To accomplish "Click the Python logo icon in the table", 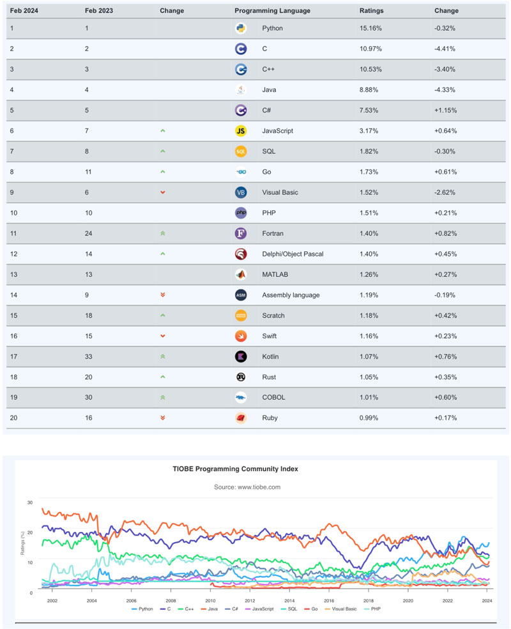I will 241,28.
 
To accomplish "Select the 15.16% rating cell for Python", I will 371,28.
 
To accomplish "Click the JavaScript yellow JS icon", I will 241,131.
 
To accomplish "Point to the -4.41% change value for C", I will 445,49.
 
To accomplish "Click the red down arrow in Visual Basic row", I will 163,192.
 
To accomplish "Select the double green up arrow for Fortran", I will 163,233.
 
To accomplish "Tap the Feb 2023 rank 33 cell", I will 89,356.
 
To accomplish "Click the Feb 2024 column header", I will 24,11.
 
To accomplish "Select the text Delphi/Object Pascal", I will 293,254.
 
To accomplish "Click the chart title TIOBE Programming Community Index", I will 235,469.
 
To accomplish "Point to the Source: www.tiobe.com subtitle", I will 247,486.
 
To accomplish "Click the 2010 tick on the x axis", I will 210,601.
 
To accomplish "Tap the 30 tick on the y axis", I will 29,502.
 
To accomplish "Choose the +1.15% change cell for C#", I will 445,110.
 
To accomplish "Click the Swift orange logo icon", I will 241,336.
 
